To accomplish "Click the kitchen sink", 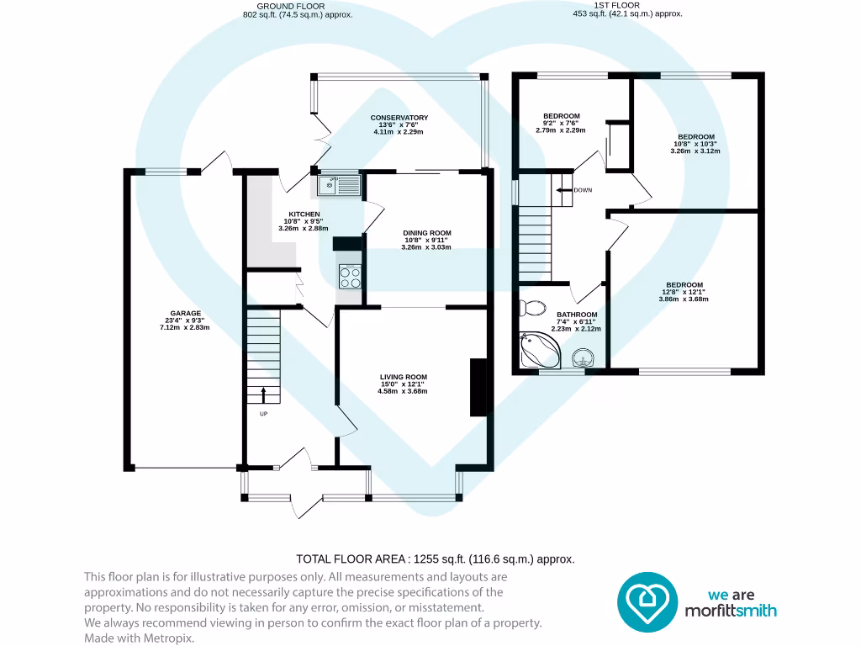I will [x=340, y=184].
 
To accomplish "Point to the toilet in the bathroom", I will [x=531, y=307].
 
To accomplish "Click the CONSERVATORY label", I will [x=399, y=118].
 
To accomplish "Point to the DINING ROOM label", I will [x=428, y=233].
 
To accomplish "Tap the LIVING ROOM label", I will [x=403, y=377].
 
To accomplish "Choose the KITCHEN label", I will [x=304, y=214].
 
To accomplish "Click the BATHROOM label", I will [x=576, y=315].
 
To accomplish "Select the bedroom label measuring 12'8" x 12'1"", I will [x=684, y=285].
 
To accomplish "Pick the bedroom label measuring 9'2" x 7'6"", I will [x=561, y=116].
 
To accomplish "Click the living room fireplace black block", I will [x=478, y=387].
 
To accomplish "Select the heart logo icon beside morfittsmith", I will [x=647, y=601].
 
